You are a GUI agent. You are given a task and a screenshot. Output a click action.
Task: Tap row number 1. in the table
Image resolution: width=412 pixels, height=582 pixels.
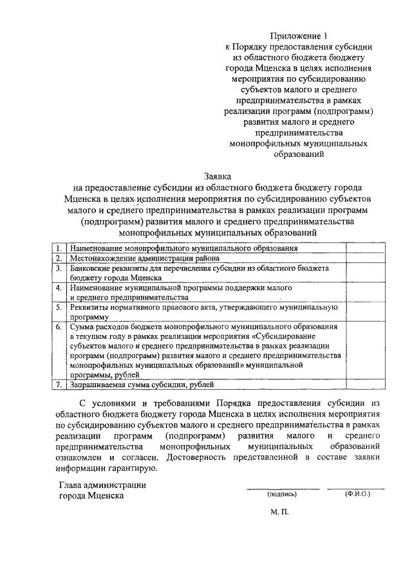tap(59, 248)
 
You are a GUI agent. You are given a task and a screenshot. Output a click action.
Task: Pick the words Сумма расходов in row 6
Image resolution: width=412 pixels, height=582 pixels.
tap(100, 327)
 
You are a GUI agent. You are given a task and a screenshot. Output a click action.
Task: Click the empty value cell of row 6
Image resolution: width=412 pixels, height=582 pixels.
tap(366, 350)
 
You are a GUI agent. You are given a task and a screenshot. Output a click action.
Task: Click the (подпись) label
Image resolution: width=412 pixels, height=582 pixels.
tap(281, 495)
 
